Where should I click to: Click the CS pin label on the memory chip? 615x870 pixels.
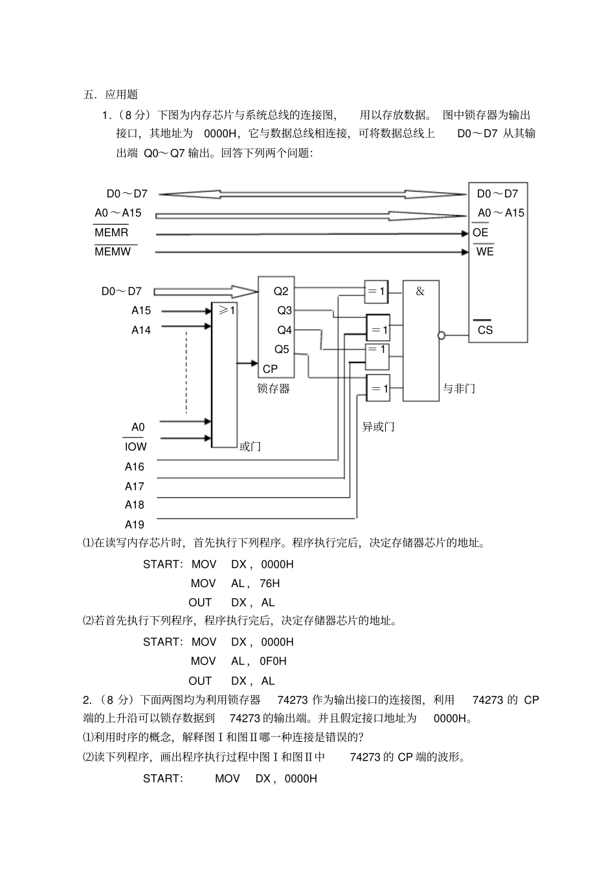pyautogui.click(x=485, y=329)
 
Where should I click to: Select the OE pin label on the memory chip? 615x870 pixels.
pyautogui.click(x=480, y=232)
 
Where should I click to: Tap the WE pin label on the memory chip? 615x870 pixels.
pyautogui.click(x=485, y=251)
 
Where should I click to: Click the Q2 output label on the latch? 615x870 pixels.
pyautogui.click(x=281, y=291)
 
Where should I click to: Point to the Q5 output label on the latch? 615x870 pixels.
pyautogui.click(x=282, y=350)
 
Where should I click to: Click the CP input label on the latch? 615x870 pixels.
pyautogui.click(x=270, y=368)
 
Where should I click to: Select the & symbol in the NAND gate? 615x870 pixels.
pyautogui.click(x=420, y=291)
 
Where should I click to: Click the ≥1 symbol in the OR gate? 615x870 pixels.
pyautogui.click(x=226, y=311)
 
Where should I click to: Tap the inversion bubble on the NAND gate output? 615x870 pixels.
pyautogui.click(x=442, y=335)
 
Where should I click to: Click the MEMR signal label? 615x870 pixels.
pyautogui.click(x=111, y=232)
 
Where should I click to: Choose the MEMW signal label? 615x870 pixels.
pyautogui.click(x=113, y=251)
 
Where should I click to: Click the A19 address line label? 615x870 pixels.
pyautogui.click(x=135, y=524)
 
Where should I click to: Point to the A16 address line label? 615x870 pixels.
pyautogui.click(x=135, y=467)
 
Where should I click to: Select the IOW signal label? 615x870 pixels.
pyautogui.click(x=135, y=447)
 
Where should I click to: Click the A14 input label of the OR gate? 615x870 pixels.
pyautogui.click(x=140, y=330)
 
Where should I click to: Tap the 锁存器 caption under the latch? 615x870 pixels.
pyautogui.click(x=273, y=388)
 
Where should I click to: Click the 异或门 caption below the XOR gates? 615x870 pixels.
pyautogui.click(x=378, y=427)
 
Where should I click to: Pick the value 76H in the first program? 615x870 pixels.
pyautogui.click(x=269, y=583)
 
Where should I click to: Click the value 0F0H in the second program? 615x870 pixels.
pyautogui.click(x=273, y=661)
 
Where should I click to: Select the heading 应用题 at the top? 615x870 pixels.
pyautogui.click(x=122, y=95)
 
